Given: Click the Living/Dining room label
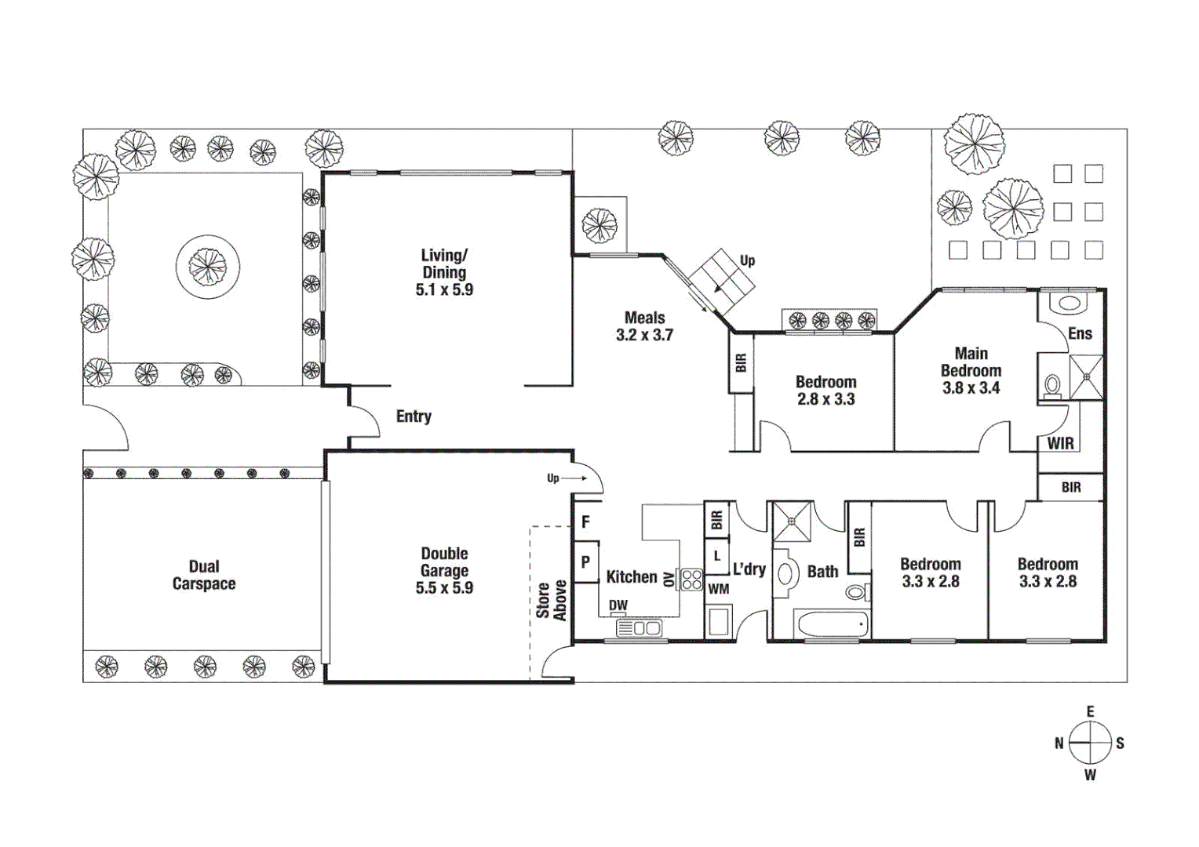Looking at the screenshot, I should pos(444,264).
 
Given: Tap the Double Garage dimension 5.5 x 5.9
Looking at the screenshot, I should pos(444,588).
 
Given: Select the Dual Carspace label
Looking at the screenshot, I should pos(204,575).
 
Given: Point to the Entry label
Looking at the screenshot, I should pos(414,416).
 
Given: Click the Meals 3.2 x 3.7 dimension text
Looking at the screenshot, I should pos(644,336).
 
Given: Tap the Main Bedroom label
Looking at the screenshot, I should pos(971,362).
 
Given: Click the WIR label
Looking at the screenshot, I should pos(1060,444).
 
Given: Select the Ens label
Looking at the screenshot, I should pos(1080,333).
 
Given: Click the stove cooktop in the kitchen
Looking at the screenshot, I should pos(691,580).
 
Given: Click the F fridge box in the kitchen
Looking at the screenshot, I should pos(585,522).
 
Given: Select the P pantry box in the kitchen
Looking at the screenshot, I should pos(585,562).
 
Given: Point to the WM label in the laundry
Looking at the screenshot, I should pos(718,589).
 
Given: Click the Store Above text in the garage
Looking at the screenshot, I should pos(551,600).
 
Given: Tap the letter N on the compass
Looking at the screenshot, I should pos(1059,743).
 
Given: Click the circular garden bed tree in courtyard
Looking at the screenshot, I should pos(208,267).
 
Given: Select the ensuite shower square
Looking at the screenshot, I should pos(1087,377).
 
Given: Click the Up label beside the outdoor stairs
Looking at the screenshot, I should pos(747,260).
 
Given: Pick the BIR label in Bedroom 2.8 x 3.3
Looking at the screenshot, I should pos(742,362).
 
